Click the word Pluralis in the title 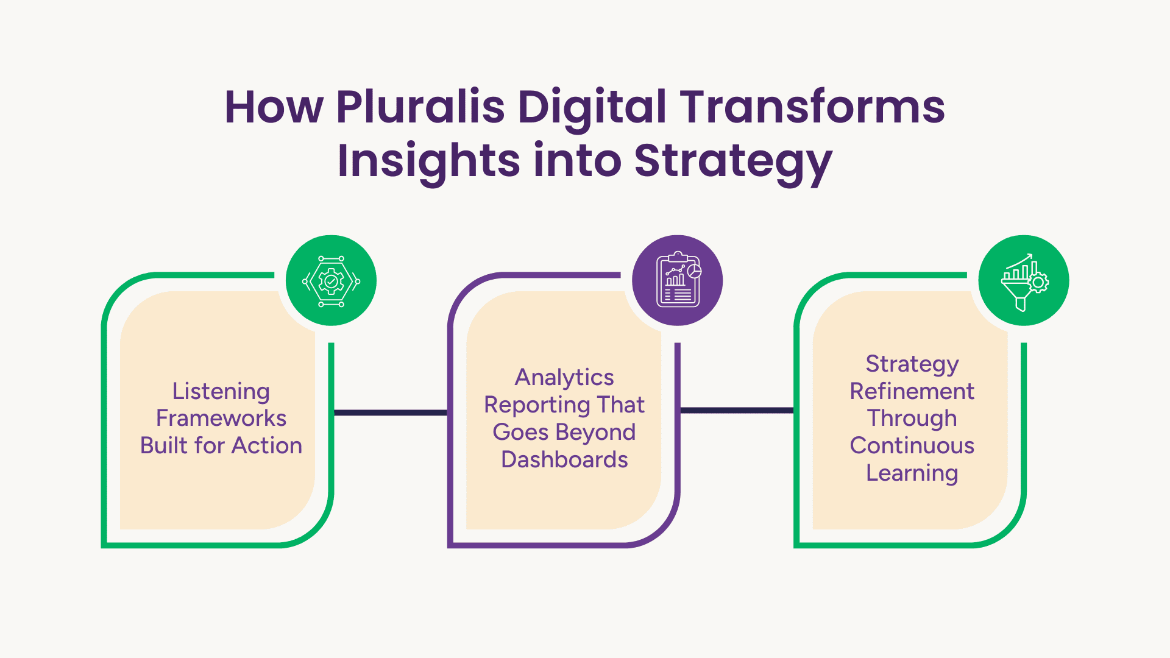(x=420, y=107)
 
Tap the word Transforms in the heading (x=812, y=107)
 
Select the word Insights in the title (x=428, y=161)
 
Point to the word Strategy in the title (x=733, y=161)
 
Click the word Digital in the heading (x=592, y=107)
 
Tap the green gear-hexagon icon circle (x=331, y=280)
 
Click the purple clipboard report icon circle (x=678, y=280)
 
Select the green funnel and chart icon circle (x=1024, y=280)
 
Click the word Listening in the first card (x=221, y=392)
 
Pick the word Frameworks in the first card (x=221, y=418)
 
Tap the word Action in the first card (x=267, y=445)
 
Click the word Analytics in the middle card (x=564, y=378)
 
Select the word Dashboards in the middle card (x=564, y=459)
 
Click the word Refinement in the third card (x=912, y=391)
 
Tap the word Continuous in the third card (x=912, y=445)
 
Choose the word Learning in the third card (x=912, y=473)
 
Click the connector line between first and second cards (x=391, y=412)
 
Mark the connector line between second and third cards (x=737, y=410)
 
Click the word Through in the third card (x=912, y=419)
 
